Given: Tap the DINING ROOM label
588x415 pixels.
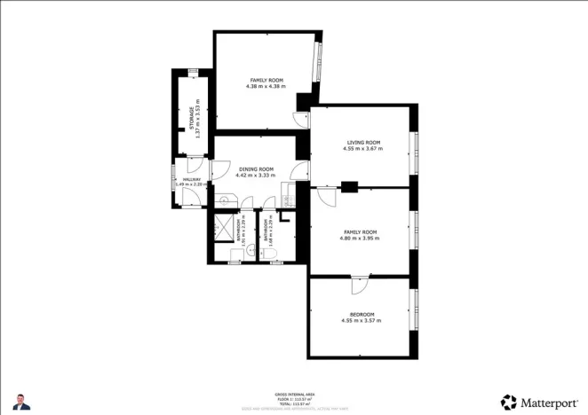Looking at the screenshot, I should click(255, 168).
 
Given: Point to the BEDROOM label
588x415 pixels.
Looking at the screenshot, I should click(362, 314).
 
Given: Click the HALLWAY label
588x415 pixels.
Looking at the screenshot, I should click(191, 179).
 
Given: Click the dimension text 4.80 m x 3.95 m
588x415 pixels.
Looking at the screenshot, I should click(361, 238).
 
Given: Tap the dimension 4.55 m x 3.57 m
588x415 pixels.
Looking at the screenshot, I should click(362, 320).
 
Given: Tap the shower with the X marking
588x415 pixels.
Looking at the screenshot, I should click(224, 229).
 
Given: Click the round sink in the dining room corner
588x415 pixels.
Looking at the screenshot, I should click(227, 201).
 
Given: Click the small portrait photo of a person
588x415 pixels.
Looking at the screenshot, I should click(22, 402).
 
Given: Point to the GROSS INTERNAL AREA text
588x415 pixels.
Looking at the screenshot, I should click(293, 393).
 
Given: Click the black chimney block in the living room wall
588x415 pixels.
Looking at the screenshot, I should click(349, 186).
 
